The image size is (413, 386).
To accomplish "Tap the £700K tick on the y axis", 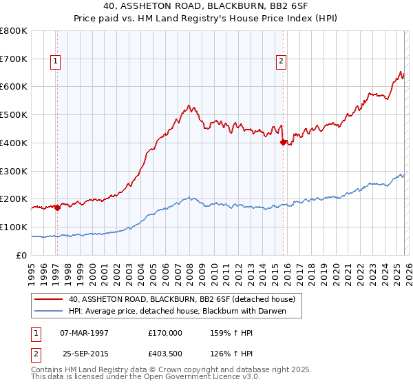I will click(x=14, y=59).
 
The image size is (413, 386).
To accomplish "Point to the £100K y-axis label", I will click(x=14, y=227).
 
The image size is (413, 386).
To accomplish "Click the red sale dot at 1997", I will click(x=57, y=207).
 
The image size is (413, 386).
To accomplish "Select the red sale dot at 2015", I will click(x=283, y=142).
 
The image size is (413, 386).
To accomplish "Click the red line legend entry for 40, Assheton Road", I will click(x=182, y=299).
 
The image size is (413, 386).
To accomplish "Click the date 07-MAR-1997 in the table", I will click(x=85, y=332).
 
